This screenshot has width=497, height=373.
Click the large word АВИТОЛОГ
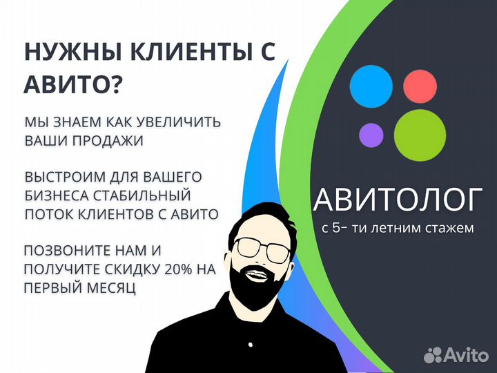[396, 201]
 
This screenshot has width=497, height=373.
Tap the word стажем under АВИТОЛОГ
[449, 227]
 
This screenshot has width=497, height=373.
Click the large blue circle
[371, 86]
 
